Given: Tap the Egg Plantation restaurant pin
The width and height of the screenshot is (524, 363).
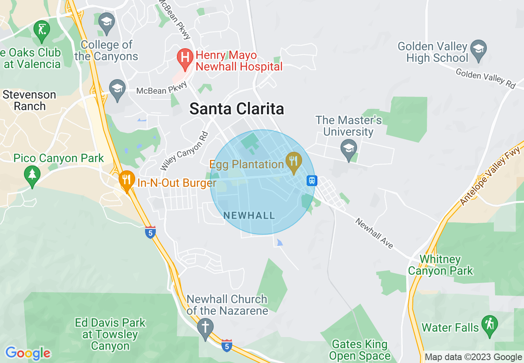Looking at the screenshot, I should pos(294,161).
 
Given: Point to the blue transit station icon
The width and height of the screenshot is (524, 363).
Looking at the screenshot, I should pos(312,181).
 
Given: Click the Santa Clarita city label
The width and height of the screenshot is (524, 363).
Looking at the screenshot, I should pos(237,109).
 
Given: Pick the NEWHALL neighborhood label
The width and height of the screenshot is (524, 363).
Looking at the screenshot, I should pos(249,215).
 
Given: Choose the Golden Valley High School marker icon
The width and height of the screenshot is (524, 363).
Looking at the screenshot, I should pos(479,49).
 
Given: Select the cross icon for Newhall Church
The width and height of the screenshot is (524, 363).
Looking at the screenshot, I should pos(205,327).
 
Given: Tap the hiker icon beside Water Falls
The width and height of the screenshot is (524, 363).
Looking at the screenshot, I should pos(489,325).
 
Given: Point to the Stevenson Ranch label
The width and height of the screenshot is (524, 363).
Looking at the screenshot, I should pos(29,100).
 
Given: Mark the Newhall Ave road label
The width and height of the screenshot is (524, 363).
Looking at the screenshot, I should pos(374,233).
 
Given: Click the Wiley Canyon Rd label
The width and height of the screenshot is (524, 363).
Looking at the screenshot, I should pos(184,151).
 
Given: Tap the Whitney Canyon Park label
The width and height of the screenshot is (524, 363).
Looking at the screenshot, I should pos(440,265).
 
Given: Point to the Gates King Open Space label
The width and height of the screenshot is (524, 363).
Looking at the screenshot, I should pos(360,350).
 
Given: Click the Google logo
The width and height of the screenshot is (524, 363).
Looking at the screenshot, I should pos(28,353).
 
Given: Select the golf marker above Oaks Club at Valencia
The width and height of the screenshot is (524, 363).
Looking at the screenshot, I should pos(42,30).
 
